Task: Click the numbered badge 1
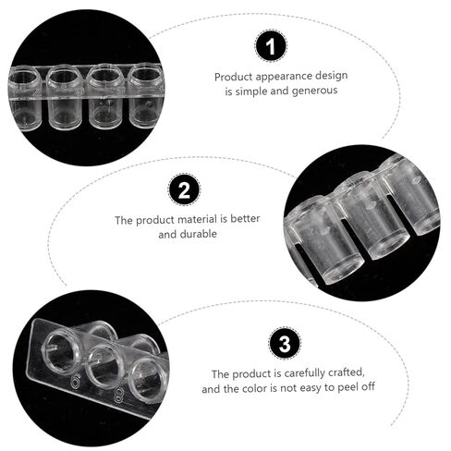pos(271,46)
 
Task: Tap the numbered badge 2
pos(184,189)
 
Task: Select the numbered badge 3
pos(285,343)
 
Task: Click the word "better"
pos(245,219)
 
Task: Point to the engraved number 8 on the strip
pos(118,396)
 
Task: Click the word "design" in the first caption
pos(334,76)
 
